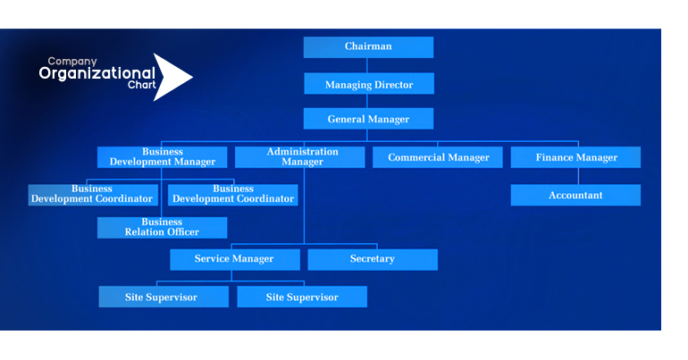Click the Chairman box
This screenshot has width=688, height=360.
point(368,47)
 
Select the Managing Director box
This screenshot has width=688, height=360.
point(369,83)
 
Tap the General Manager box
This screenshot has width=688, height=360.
point(368,119)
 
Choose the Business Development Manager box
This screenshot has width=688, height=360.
point(163,157)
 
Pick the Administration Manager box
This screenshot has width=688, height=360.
point(299,157)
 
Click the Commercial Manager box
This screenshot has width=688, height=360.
point(438,157)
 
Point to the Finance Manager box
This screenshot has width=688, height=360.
point(575,157)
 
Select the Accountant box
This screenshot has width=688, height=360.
point(575,195)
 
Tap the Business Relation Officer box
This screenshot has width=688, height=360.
point(163,228)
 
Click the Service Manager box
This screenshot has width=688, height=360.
point(235,260)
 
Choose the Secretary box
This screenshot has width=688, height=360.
point(373,260)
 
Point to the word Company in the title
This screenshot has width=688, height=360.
point(72,62)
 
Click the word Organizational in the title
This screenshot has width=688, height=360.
point(97,73)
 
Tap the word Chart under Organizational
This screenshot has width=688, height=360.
point(142,85)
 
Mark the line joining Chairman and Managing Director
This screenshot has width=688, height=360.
point(367,65)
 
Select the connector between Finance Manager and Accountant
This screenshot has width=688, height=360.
point(578,176)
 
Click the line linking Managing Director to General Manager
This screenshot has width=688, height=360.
point(367,101)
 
